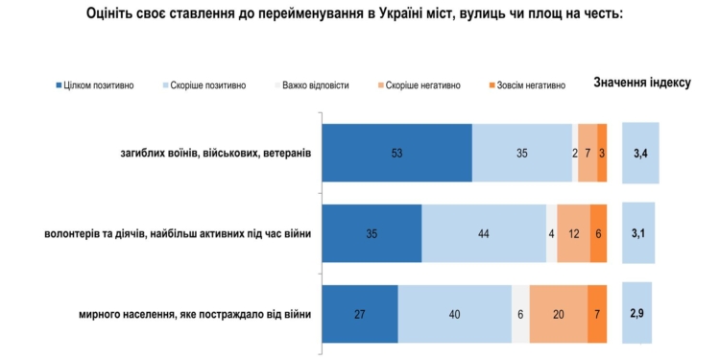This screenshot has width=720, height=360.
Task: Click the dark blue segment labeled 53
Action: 396,153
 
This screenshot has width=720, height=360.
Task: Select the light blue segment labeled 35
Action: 522,153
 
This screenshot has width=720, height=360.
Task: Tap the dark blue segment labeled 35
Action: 372,233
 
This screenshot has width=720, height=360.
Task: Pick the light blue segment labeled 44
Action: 484,233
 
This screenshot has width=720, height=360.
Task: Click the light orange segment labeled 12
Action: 573,233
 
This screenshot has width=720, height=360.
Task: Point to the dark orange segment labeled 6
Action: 598,233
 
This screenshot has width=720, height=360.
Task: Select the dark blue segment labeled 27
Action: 360,314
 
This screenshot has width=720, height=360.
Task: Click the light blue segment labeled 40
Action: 454,314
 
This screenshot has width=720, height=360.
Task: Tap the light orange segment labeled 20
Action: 558,314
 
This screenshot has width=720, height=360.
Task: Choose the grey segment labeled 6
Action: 519,314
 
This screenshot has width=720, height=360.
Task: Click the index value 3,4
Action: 640,153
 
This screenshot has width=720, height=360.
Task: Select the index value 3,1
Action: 638,233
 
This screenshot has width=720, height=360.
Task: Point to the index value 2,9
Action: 637,314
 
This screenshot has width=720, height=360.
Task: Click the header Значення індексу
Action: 643,84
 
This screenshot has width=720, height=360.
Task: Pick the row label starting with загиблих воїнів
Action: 216,153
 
